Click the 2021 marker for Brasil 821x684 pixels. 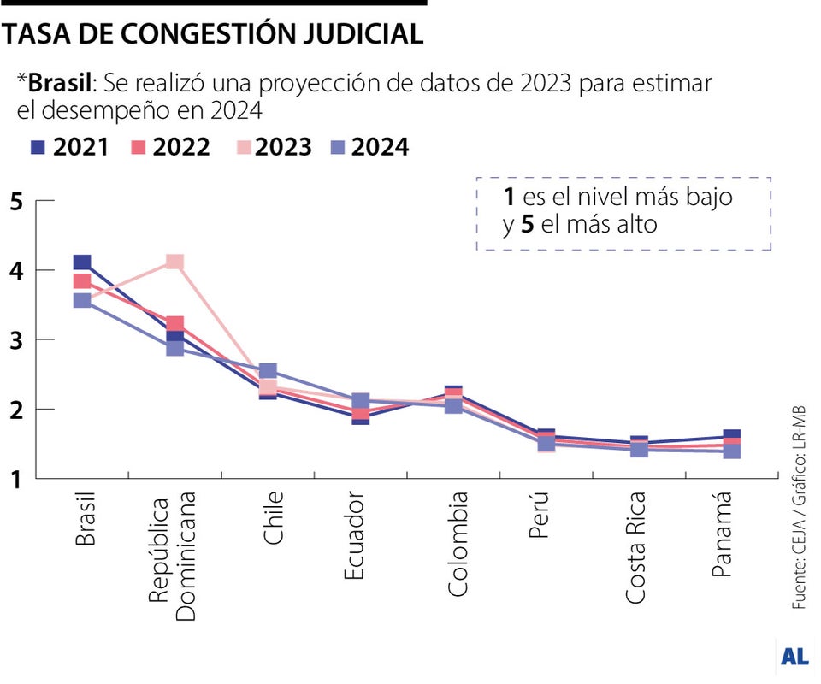click(x=82, y=262)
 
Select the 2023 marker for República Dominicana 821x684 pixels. click(x=174, y=262)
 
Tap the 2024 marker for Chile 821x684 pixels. click(x=267, y=371)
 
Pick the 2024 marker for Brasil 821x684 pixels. click(x=82, y=300)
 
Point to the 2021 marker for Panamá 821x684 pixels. click(x=731, y=435)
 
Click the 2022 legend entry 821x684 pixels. click(x=171, y=147)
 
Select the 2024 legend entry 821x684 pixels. click(x=369, y=147)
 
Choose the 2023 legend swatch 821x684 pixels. click(x=245, y=147)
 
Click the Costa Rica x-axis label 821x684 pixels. click(x=637, y=547)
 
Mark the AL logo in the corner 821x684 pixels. click(x=794, y=657)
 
